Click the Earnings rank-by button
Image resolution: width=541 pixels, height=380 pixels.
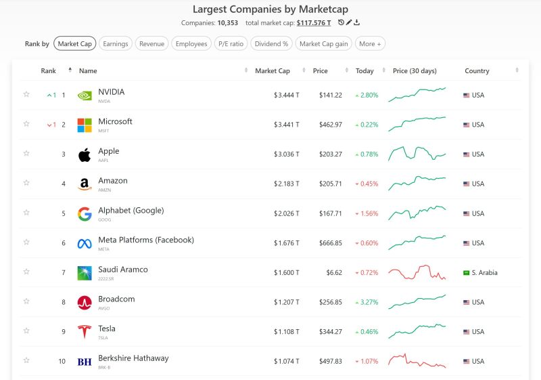116,44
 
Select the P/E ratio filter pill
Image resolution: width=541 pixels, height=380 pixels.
231,44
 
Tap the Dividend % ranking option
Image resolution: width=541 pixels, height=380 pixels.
271,44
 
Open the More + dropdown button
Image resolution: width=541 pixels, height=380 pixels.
370,44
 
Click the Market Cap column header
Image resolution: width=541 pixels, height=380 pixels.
272,71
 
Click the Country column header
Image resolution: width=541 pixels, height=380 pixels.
477,71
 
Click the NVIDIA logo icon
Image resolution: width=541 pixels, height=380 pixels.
85,96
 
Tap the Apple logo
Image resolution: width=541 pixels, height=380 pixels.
85,154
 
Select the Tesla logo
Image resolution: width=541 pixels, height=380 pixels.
85,332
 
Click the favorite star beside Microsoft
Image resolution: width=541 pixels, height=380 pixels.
26,124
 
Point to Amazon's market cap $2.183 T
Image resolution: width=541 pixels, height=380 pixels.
287,184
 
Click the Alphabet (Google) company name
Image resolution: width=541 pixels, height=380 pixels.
131,211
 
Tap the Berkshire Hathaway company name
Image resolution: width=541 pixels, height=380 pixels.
133,358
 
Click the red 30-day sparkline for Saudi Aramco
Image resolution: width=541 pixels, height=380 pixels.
417,272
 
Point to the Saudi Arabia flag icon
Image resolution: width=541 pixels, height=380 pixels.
466,273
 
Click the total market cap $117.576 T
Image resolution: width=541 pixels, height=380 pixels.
314,23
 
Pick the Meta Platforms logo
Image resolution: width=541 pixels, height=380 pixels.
85,243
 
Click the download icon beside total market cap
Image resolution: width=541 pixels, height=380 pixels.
357,23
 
